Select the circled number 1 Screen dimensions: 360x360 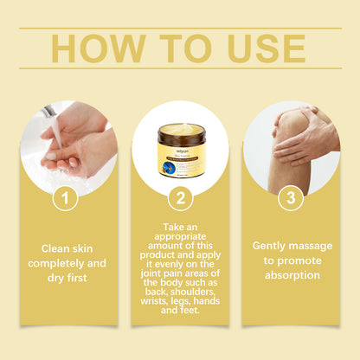67,198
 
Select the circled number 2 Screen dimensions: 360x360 180,198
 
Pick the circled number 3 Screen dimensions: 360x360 291,198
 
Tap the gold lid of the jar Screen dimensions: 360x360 180,131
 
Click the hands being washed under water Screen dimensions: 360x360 74,143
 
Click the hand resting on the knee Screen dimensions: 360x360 303,134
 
